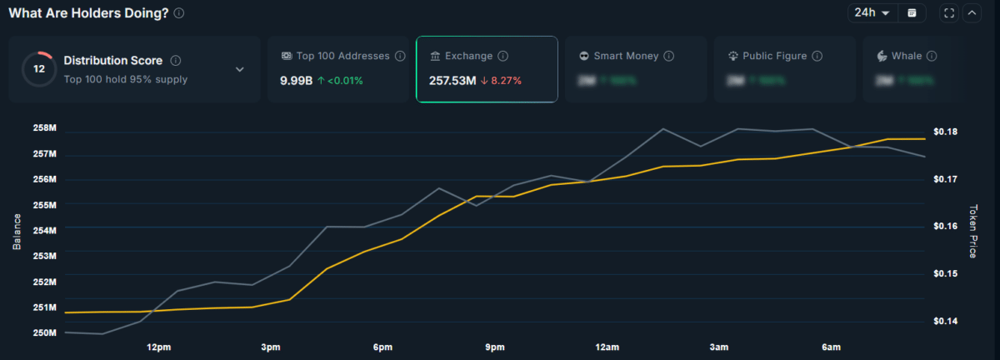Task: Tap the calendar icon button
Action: coord(912,12)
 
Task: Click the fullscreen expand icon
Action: coord(949,12)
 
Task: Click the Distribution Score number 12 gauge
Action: coord(38,69)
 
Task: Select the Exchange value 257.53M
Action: coord(452,81)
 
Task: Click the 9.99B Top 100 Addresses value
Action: coord(296,81)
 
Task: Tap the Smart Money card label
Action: coord(626,56)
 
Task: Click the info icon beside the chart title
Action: coord(180,13)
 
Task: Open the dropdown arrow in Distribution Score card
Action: coord(240,69)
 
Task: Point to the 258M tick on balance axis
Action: coord(44,128)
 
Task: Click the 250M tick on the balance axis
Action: coord(44,332)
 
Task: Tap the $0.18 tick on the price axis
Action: coord(946,132)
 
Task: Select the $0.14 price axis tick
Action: coord(946,321)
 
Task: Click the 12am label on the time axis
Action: coord(607,347)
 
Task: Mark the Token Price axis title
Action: coord(972,231)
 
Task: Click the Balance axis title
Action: coord(17,231)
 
